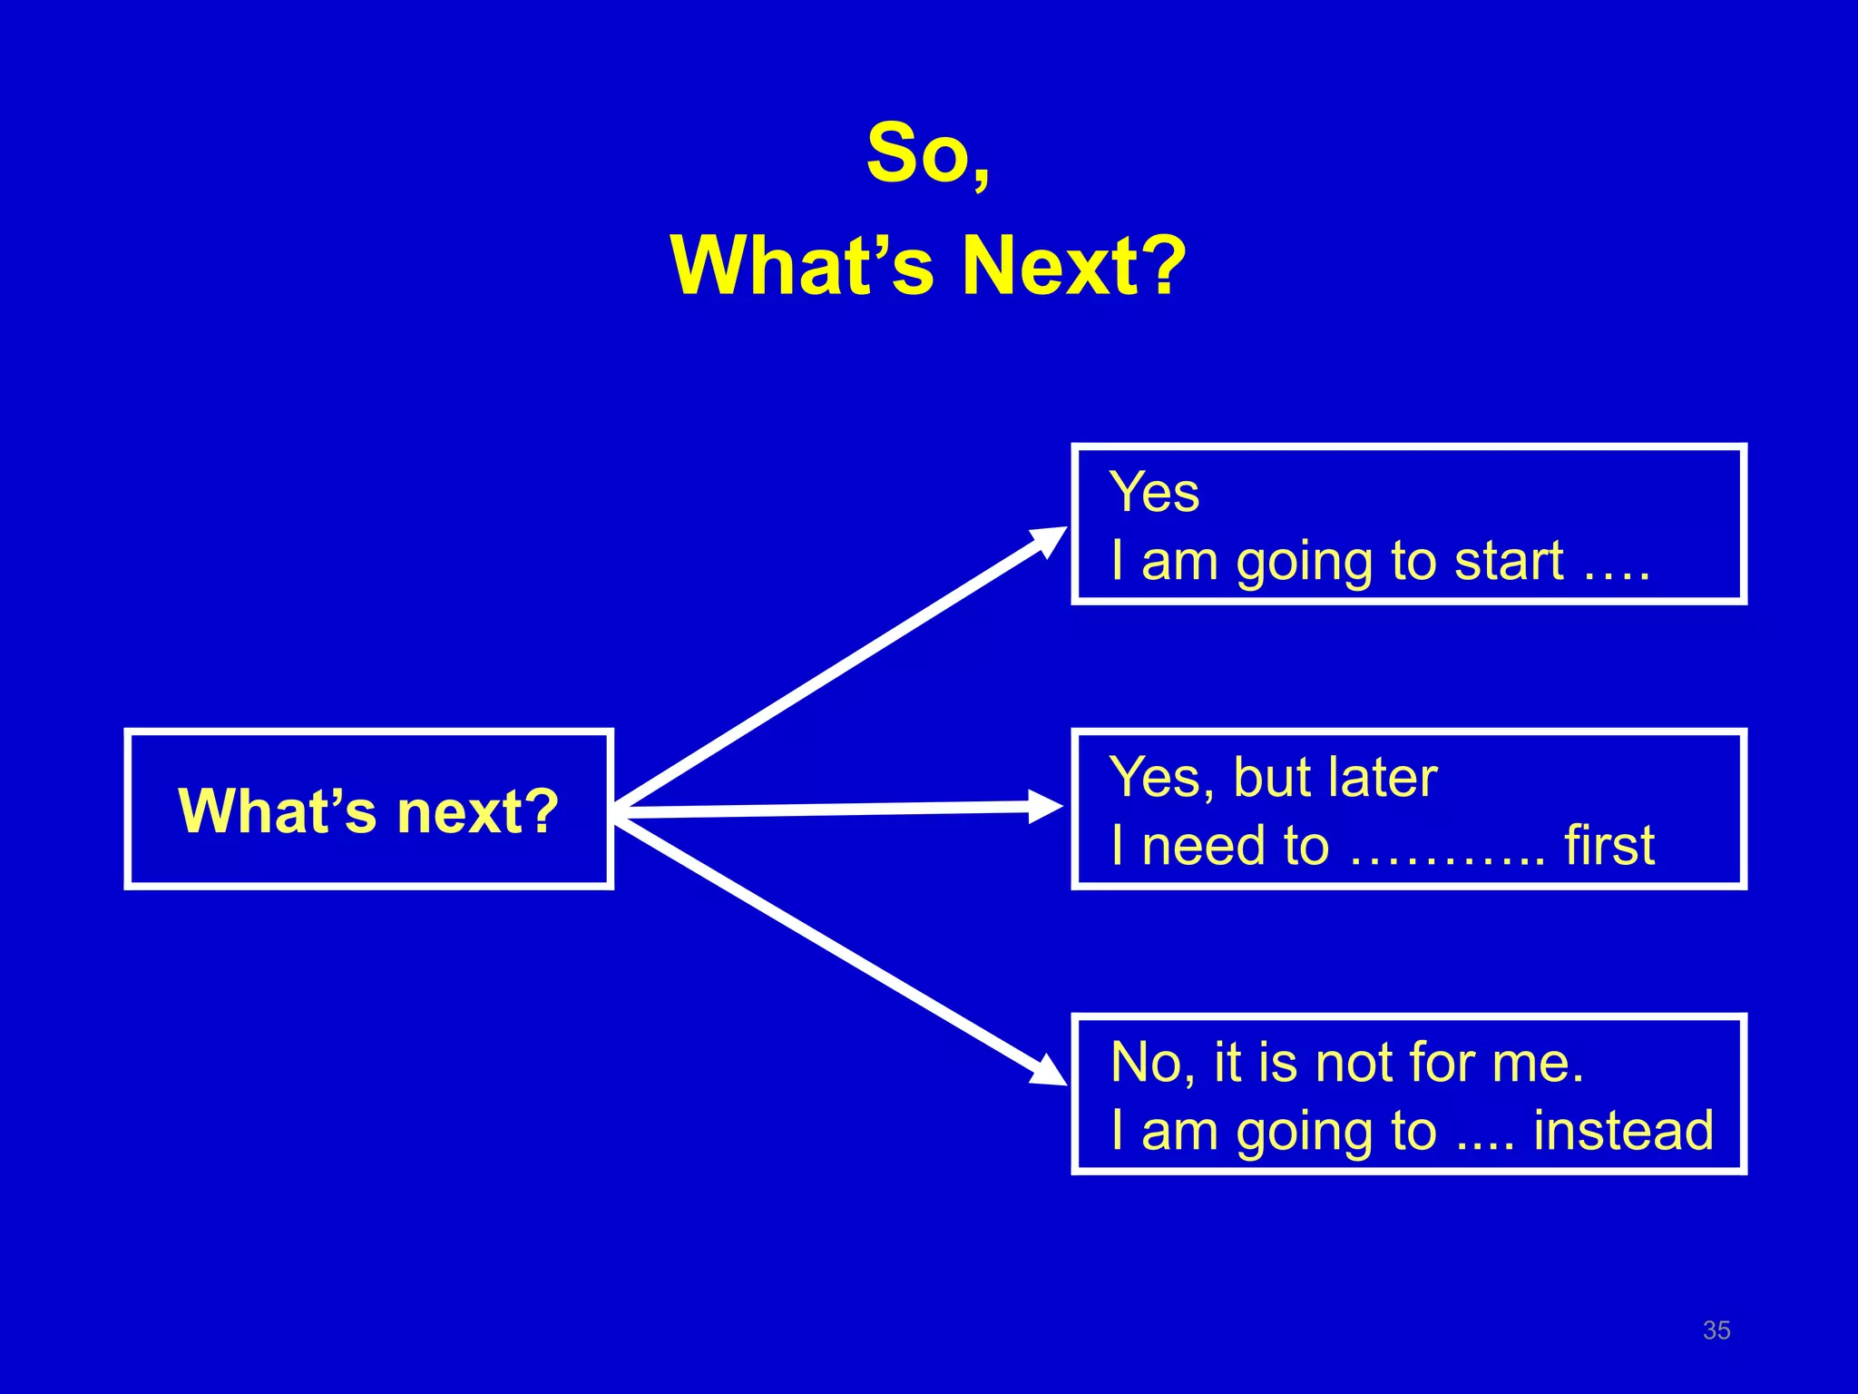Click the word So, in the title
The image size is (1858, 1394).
click(x=928, y=154)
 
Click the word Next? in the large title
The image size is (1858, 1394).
click(x=1073, y=266)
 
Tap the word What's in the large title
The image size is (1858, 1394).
click(x=802, y=266)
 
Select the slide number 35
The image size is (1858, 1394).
click(x=1716, y=1330)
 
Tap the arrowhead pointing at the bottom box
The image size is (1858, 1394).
click(x=1050, y=1071)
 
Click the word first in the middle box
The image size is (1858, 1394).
click(x=1609, y=846)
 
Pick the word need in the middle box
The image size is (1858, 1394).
click(x=1204, y=846)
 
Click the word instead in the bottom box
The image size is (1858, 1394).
click(x=1623, y=1131)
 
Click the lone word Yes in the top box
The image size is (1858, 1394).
click(x=1154, y=493)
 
